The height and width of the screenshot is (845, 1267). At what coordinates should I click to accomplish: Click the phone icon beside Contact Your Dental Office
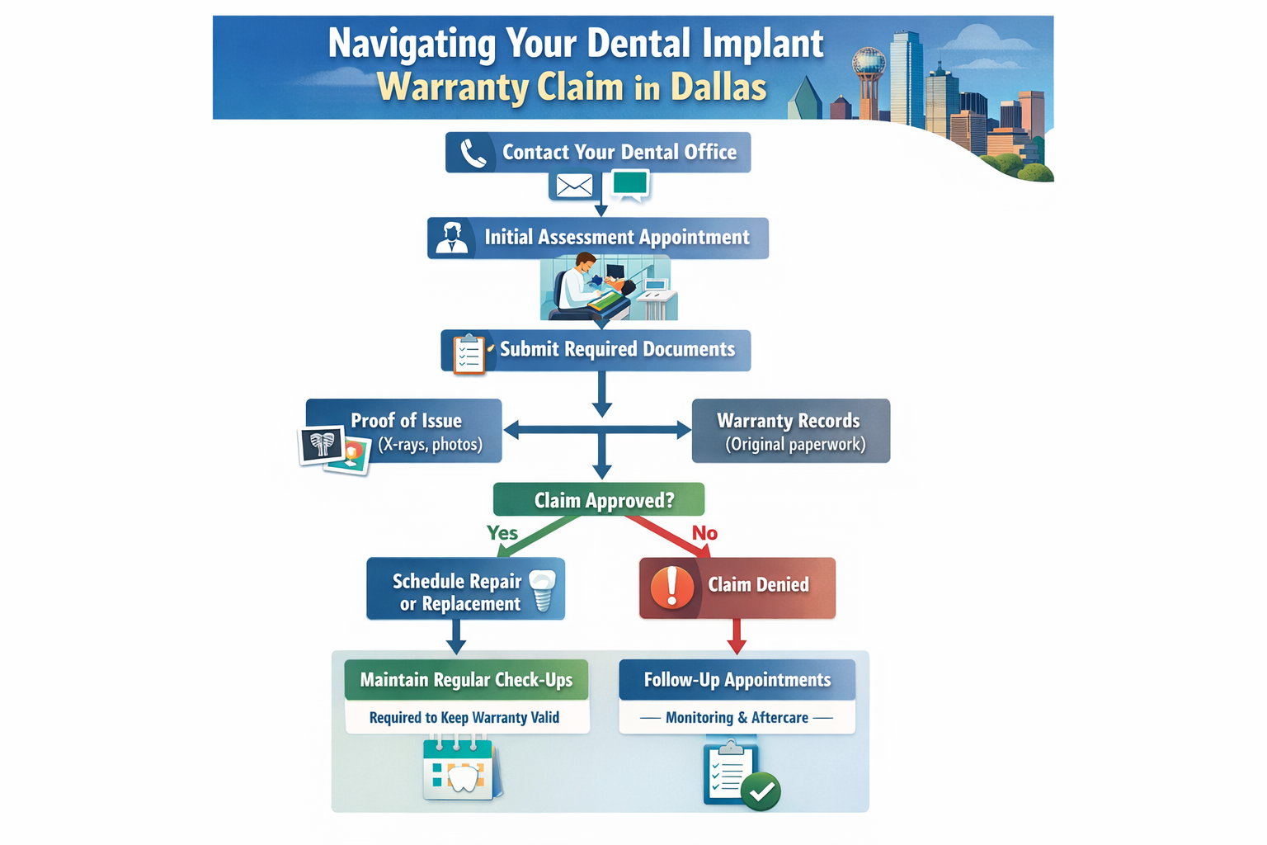(473, 153)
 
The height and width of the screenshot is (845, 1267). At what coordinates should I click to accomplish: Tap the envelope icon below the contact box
(574, 186)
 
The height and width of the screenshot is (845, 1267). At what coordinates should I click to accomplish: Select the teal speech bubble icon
(630, 184)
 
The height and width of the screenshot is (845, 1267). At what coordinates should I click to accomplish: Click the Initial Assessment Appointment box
(598, 238)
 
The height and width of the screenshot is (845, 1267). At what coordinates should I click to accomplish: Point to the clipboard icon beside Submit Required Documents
(468, 353)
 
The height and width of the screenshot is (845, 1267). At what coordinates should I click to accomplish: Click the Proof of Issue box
(404, 431)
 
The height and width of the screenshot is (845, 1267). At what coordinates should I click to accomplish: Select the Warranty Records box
(790, 431)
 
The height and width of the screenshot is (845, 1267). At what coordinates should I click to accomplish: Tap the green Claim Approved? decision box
(599, 500)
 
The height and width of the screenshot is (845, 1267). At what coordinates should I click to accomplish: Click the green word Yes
(502, 533)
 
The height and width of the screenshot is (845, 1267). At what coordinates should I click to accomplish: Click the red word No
(704, 533)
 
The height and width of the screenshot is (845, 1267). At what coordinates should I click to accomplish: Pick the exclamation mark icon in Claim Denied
(672, 587)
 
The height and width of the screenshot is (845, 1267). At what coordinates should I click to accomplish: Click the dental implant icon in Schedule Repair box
(542, 590)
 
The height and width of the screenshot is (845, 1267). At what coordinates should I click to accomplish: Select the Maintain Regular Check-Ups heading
(466, 680)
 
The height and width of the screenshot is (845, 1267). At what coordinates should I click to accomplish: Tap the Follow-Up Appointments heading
(737, 680)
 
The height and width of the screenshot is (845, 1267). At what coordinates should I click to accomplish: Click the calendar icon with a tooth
(459, 769)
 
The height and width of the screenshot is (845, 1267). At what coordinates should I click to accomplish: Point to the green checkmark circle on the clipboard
(761, 792)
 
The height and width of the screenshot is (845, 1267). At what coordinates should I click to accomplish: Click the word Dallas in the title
(718, 87)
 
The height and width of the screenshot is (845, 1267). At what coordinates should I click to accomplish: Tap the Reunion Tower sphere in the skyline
(868, 61)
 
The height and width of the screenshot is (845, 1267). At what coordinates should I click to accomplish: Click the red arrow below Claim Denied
(737, 636)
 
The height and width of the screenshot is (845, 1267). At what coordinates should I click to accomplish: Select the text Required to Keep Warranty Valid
(464, 718)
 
